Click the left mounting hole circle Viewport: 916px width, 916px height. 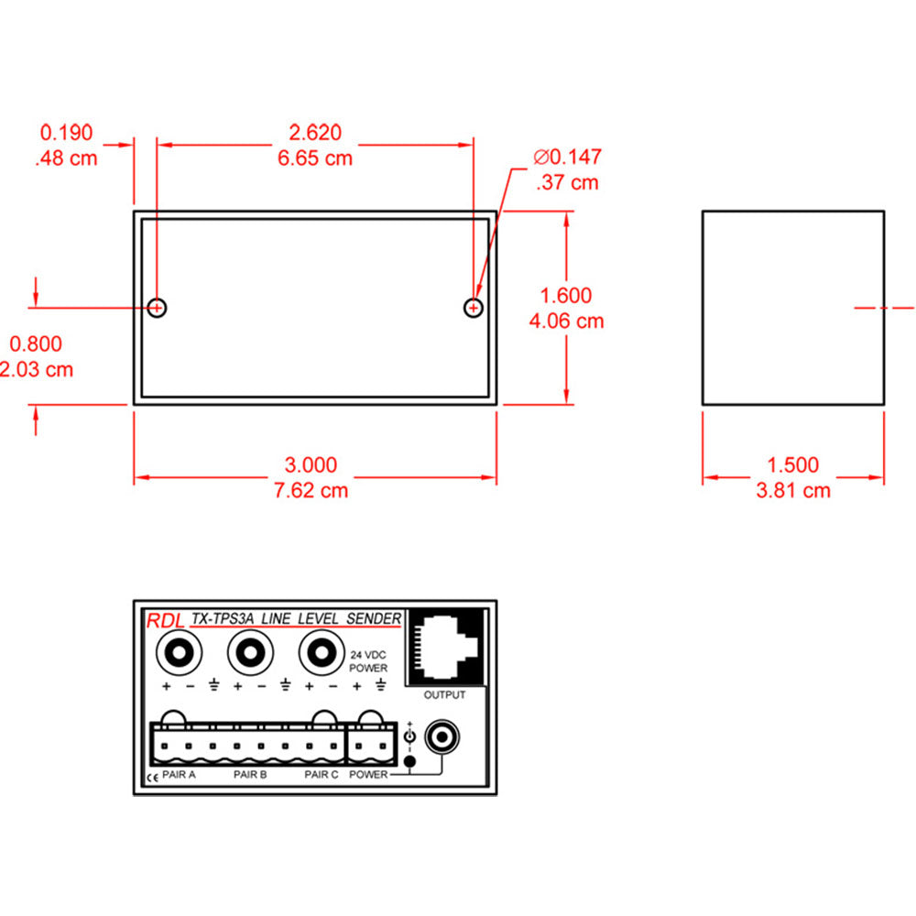coord(157,307)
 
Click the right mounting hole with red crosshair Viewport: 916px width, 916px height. coord(473,308)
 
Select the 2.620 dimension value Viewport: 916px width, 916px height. coord(314,133)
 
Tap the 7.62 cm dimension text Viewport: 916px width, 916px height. coord(313,490)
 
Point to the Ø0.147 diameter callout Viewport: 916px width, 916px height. coord(567,158)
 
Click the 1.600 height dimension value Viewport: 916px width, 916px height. coord(566,296)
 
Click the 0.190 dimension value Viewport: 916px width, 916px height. coord(66,133)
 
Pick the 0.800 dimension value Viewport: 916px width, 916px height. coord(36,344)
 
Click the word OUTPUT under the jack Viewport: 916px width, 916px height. coord(444,695)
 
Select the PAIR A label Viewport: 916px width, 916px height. coord(180,775)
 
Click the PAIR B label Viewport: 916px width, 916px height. coord(250,775)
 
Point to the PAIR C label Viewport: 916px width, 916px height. coord(322,775)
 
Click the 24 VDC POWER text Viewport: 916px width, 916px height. coord(368,662)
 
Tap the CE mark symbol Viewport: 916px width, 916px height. coord(151,779)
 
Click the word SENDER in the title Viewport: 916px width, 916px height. coord(374,619)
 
